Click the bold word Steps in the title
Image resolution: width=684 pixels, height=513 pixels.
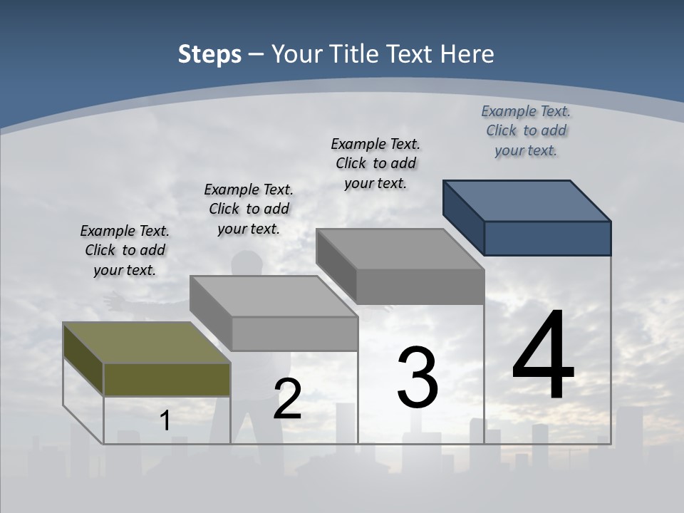209,54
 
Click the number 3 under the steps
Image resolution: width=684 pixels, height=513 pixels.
418,378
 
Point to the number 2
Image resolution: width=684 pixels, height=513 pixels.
288,398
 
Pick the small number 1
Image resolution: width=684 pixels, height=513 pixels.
165,420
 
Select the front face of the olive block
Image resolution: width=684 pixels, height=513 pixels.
167,379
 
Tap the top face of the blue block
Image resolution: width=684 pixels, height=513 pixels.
527,200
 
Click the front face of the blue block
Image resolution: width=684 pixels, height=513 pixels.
547,238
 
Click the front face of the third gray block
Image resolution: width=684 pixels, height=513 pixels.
420,287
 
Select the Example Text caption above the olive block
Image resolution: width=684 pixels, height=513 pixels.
125,250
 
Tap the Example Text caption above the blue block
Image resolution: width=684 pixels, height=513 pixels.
526,130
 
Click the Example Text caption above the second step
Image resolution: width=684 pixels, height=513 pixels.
249,209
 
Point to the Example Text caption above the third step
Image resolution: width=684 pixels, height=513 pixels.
375,163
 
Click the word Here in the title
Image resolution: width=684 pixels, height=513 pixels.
467,54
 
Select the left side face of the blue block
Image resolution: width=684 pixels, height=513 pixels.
464,217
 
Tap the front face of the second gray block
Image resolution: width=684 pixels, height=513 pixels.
294,333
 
